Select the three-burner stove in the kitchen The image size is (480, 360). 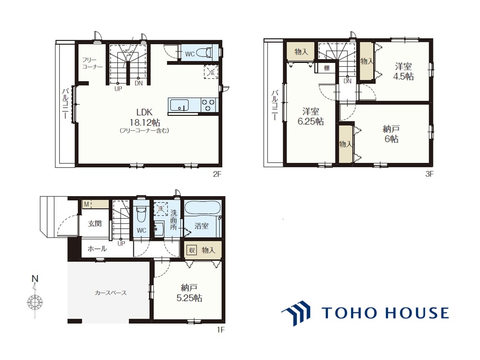[208, 105]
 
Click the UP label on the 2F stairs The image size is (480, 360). [118, 89]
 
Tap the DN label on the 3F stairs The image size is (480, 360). [347, 81]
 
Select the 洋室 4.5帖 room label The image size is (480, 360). [403, 71]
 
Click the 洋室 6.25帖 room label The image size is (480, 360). [311, 116]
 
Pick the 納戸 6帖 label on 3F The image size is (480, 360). [391, 134]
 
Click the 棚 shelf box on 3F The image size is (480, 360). [326, 68]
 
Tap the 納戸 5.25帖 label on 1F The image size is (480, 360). [189, 293]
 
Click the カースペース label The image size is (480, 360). [111, 293]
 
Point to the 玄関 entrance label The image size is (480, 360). [95, 223]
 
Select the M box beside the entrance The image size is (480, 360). [86, 204]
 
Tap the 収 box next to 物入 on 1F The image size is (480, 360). [192, 250]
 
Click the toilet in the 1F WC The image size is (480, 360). [141, 214]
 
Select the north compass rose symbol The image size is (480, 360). [35, 301]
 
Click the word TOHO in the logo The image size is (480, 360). [346, 312]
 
